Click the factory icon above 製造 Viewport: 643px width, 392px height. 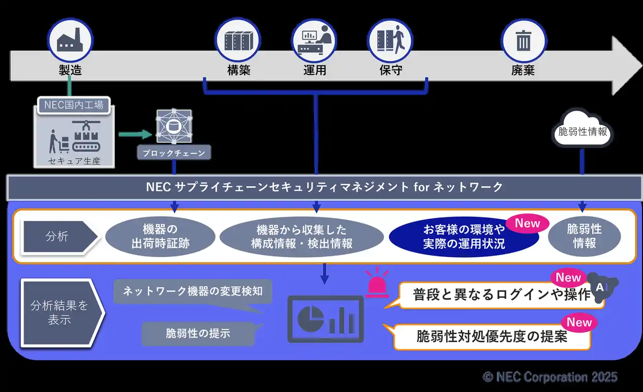click(x=70, y=40)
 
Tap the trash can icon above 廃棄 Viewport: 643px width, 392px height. click(x=523, y=41)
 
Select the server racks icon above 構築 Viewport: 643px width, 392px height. click(x=238, y=41)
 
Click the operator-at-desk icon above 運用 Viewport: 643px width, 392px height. click(x=314, y=40)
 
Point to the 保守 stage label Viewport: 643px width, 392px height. click(x=391, y=70)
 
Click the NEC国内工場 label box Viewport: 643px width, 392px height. click(x=74, y=105)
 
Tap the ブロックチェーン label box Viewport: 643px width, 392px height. click(x=174, y=152)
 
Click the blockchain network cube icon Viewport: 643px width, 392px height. click(x=174, y=126)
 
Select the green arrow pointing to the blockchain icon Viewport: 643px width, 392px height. click(x=135, y=134)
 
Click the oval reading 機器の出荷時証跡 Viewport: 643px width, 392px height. click(x=160, y=237)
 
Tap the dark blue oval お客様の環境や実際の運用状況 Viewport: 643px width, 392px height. click(x=464, y=237)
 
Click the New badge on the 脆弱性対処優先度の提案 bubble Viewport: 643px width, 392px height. click(x=579, y=323)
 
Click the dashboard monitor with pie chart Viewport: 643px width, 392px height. click(x=326, y=319)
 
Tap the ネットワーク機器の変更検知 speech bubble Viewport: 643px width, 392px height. click(x=192, y=292)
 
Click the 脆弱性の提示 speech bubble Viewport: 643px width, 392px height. click(x=198, y=333)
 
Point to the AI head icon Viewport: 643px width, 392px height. click(x=602, y=287)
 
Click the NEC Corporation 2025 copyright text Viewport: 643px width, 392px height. click(x=550, y=377)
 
